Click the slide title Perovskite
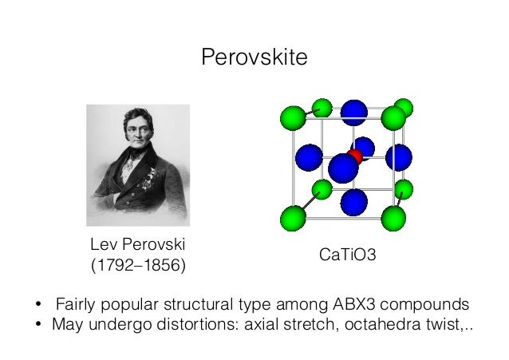254,57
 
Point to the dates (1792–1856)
136,263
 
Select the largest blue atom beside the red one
343,168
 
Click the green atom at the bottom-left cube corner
293,217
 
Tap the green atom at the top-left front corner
293,119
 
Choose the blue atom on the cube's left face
308,157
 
